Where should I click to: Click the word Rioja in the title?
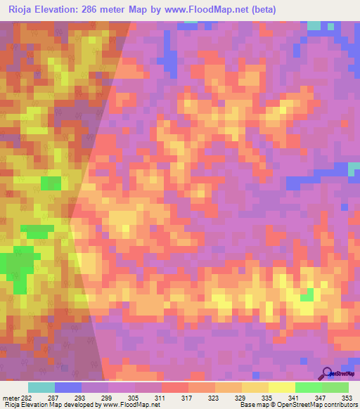(x=20, y=9)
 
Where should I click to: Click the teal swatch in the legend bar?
(x=41, y=387)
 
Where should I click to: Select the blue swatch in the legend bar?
(x=68, y=387)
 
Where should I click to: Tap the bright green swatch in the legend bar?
(x=309, y=387)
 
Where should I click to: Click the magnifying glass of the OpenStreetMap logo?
(x=327, y=372)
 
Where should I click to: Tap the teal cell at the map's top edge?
(x=314, y=25)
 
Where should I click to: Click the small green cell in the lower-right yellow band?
(x=307, y=294)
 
